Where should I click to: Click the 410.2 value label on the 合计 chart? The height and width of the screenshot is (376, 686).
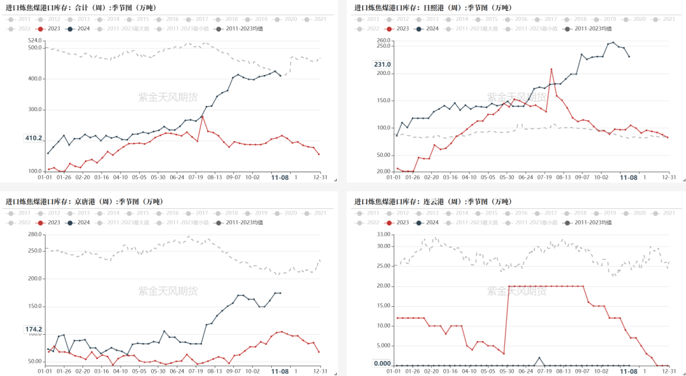pos(34,138)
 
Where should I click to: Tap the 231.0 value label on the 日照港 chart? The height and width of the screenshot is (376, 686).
pos(382,64)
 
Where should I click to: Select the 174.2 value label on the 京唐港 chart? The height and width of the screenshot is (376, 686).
pos(34,330)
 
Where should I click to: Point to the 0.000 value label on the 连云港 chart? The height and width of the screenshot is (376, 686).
pos(382,363)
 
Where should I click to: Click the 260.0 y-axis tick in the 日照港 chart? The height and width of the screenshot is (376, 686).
pos(382,41)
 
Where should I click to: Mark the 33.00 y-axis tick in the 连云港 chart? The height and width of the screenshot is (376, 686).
pos(382,234)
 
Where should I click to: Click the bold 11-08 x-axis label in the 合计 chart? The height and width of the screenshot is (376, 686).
pos(280,178)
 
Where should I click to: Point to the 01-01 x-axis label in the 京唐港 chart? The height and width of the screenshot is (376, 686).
pos(44,370)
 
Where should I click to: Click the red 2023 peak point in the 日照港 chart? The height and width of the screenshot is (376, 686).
pos(551,69)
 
